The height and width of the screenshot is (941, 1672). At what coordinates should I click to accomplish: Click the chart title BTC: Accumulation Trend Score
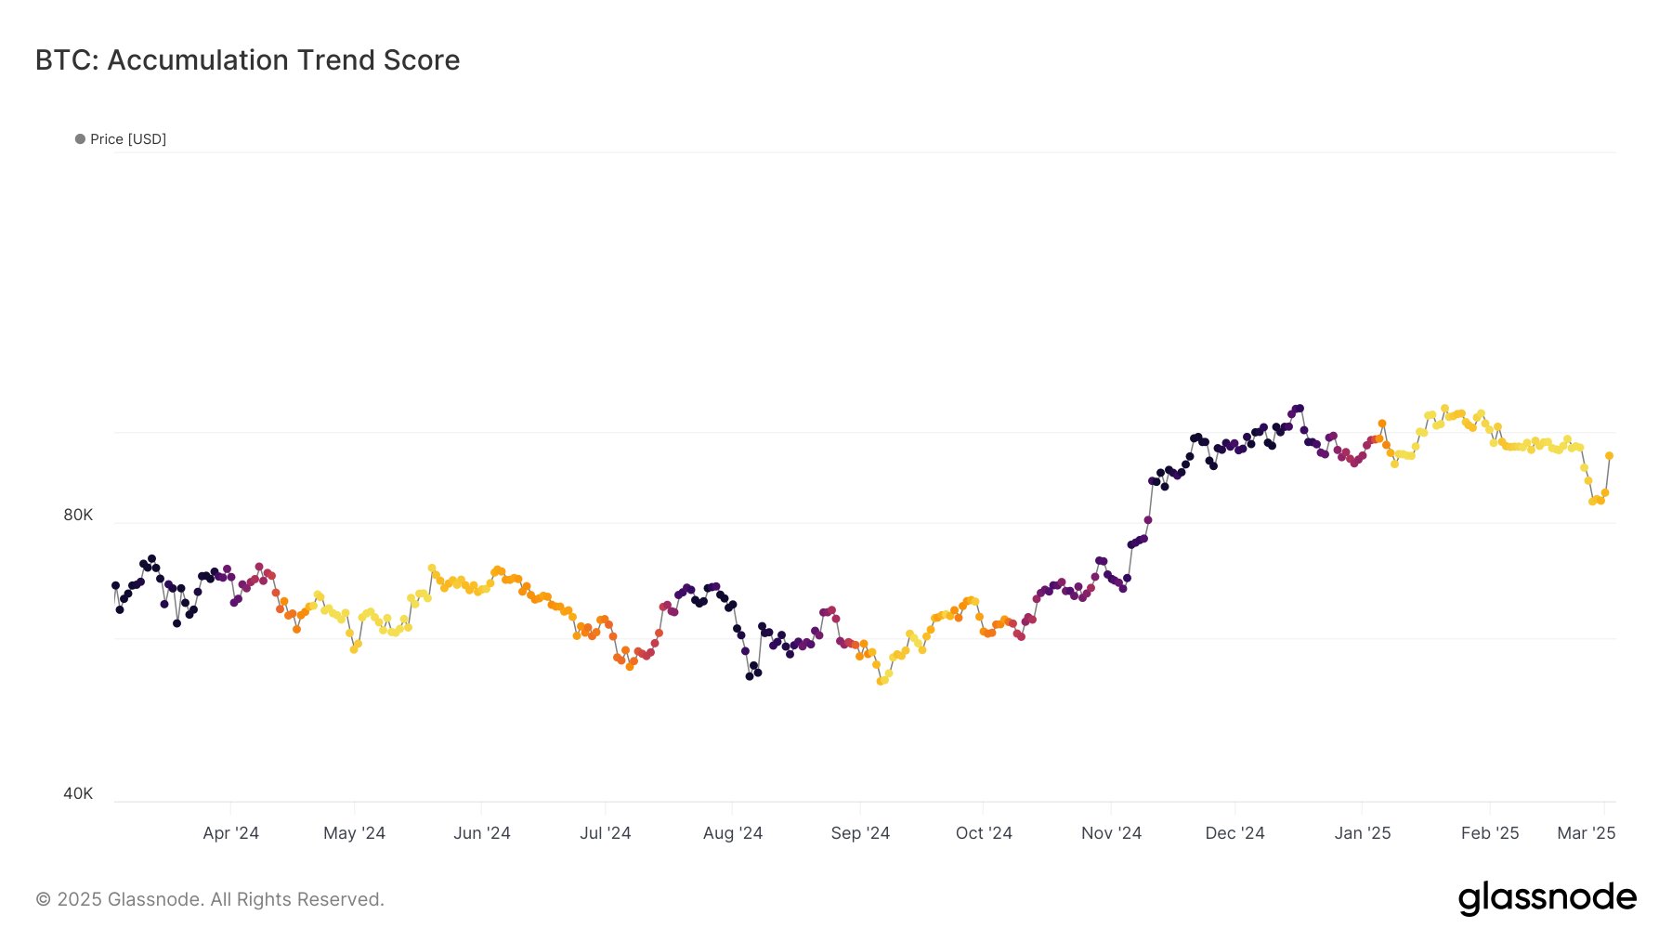pos(247,60)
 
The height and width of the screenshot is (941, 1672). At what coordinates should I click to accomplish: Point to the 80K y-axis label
pos(78,515)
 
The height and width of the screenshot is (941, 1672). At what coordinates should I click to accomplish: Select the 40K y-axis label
pos(78,793)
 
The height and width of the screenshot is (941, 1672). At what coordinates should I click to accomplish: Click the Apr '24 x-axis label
pos(230,833)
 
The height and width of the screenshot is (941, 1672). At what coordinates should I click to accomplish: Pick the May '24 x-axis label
pos(354,833)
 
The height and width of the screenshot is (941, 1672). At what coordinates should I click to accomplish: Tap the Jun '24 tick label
pos(481,833)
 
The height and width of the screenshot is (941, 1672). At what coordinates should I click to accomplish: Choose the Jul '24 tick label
pos(605,833)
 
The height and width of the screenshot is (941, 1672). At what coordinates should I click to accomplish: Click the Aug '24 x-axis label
pos(732,833)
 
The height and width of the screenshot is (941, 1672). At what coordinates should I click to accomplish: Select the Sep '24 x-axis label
pos(860,833)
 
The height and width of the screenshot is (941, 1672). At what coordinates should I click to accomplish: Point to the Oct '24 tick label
pos(984,833)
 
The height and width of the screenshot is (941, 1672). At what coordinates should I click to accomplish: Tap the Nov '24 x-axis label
pos(1111,833)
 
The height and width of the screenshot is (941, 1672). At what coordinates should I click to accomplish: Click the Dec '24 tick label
pos(1234,833)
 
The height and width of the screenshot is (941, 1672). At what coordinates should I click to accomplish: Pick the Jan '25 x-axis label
pos(1362,833)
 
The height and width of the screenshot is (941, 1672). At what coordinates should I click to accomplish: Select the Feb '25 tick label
pos(1489,833)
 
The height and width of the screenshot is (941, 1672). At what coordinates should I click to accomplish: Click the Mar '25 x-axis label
pos(1586,833)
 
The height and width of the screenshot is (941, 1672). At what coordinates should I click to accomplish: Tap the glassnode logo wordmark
pos(1547,898)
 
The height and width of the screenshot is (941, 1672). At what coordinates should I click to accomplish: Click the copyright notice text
pos(210,899)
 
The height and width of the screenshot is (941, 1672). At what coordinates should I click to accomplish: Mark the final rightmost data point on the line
pos(1609,456)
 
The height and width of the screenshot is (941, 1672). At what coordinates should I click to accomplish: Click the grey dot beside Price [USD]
pos(80,139)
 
